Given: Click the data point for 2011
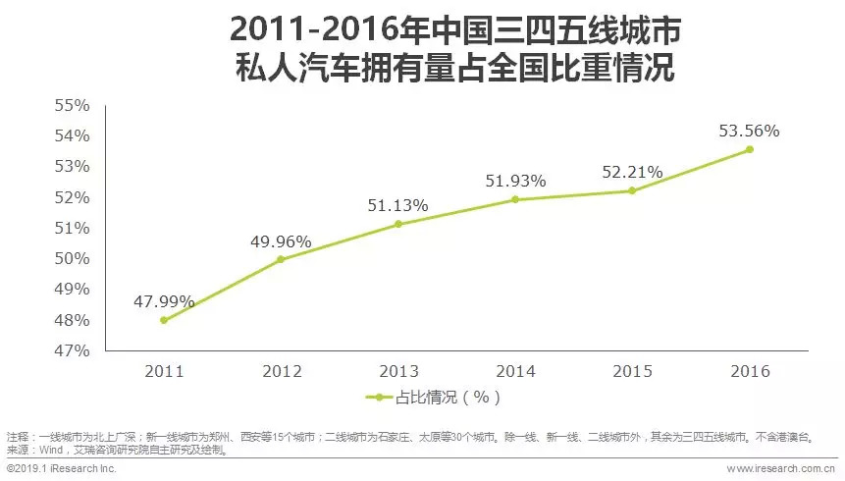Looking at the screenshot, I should (x=164, y=320).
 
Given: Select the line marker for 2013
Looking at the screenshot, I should (x=398, y=224).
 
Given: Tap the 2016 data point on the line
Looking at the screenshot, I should (x=750, y=149).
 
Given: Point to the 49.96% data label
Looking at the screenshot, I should (x=281, y=241).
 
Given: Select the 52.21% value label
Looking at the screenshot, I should (x=632, y=172).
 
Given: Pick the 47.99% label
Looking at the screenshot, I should (x=164, y=301).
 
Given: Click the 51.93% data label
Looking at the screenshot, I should (x=515, y=181).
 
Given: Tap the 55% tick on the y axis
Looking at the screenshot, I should (x=72, y=104).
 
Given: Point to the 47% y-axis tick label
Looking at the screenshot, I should (x=72, y=350).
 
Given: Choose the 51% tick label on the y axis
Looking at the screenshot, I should (x=72, y=228).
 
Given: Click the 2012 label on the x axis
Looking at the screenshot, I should (x=281, y=371).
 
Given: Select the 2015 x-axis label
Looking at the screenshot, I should (x=632, y=371).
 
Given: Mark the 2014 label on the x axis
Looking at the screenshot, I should (x=515, y=371).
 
